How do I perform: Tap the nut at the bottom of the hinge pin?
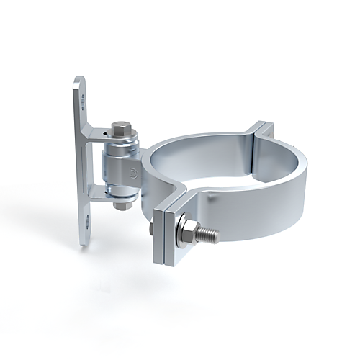[121, 204]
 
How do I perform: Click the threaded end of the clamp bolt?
[207, 233]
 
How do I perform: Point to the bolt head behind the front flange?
[152, 229]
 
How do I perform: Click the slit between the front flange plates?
[165, 238]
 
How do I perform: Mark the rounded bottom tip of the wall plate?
[85, 241]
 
